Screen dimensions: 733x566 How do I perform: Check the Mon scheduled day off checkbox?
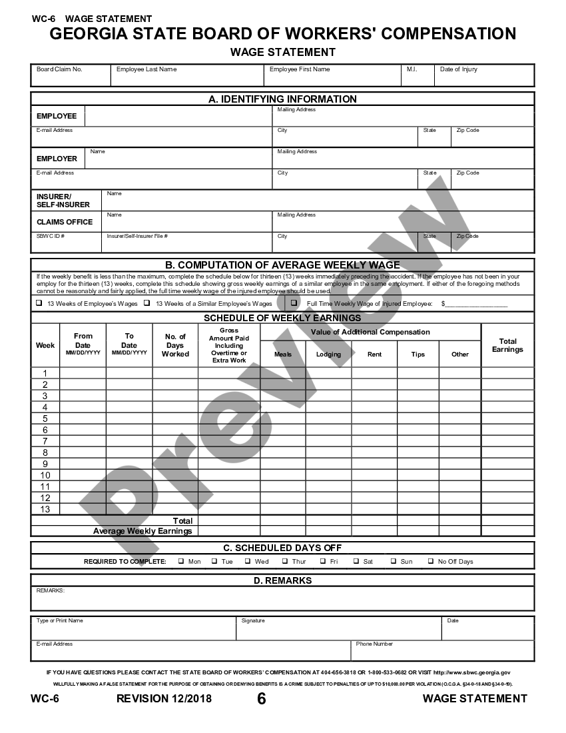(181, 561)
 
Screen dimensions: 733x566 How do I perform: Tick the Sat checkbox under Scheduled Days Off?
(356, 561)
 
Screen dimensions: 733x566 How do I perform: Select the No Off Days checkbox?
(431, 561)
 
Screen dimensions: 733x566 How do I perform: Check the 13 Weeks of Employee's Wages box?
(39, 303)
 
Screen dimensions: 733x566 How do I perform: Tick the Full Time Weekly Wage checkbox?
(294, 303)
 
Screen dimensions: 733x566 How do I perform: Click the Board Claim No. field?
(71, 77)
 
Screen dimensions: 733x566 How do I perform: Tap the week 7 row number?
(45, 441)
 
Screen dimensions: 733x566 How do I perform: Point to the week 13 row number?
(45, 509)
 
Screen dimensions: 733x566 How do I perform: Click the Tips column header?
(418, 355)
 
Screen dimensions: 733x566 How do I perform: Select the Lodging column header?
(328, 355)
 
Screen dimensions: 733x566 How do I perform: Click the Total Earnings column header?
(507, 345)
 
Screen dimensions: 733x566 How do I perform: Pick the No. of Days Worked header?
(176, 345)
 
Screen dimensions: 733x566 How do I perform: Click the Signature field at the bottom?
(338, 630)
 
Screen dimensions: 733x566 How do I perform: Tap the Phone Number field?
(441, 652)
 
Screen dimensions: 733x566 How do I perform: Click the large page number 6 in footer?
(261, 698)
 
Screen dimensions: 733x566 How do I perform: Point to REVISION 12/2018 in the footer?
(164, 698)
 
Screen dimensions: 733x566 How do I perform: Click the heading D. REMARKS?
(283, 580)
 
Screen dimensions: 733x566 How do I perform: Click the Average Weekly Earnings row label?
(142, 531)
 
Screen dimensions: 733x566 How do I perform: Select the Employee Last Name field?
(187, 77)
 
